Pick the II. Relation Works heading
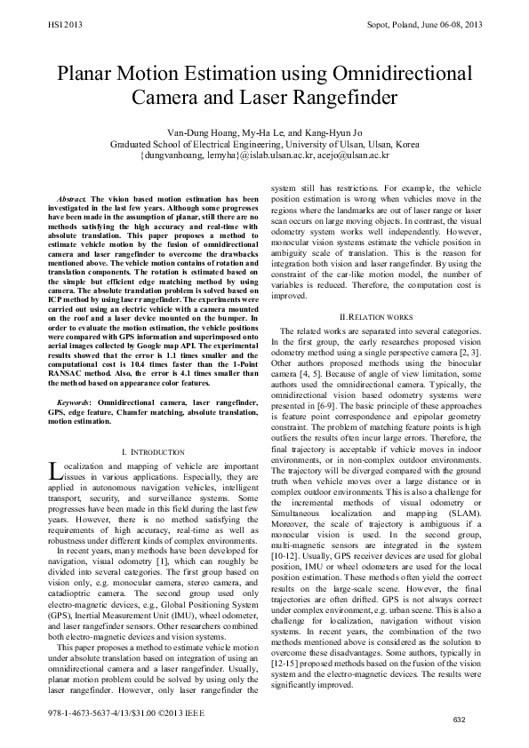click(373, 317)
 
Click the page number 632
click(458, 718)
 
